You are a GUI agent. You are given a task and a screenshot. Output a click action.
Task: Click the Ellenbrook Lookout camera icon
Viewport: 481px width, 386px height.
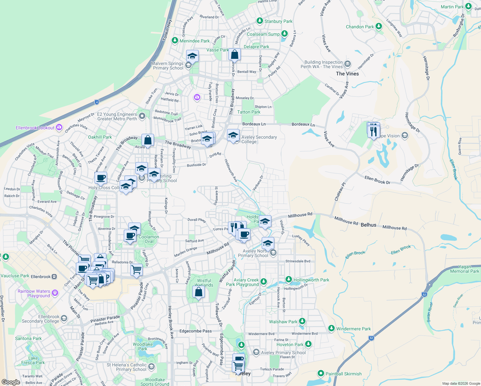point(59,128)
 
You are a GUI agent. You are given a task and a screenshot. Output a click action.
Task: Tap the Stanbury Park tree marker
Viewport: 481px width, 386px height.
point(260,21)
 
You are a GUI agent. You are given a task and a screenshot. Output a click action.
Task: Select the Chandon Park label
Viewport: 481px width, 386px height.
point(360,27)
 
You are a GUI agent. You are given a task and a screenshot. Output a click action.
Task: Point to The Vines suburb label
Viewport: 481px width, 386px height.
point(347,74)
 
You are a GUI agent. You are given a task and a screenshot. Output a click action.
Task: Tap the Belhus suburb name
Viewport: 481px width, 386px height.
point(368,225)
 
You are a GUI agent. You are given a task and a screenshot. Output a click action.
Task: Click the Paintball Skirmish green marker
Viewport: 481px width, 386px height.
point(321,373)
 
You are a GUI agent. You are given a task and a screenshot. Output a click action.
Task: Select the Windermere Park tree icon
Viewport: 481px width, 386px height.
point(331,328)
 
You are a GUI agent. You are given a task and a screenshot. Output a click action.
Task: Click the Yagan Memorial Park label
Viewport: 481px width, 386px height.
point(465,269)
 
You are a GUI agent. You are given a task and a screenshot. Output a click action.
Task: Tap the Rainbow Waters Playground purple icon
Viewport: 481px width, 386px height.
point(55,293)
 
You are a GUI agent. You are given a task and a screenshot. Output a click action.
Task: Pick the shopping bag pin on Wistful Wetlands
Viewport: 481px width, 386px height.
point(198,292)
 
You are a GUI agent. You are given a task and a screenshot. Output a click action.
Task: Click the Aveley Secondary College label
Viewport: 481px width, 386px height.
point(259,139)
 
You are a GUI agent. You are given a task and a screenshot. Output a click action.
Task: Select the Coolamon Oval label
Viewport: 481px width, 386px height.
point(149,239)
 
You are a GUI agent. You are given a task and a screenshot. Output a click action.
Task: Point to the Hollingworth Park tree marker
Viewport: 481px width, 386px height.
point(289,279)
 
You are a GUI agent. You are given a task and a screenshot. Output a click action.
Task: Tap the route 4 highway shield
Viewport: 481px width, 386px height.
point(97,102)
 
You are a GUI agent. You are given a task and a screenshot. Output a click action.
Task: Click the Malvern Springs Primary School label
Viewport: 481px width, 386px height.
point(168,66)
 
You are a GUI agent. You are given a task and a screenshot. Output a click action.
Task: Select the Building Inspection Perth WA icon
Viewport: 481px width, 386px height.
point(347,64)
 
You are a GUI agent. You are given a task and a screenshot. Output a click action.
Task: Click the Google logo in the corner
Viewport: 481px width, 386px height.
point(11,382)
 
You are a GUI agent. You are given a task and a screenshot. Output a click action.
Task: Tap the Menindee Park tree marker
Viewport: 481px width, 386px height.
point(175,41)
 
